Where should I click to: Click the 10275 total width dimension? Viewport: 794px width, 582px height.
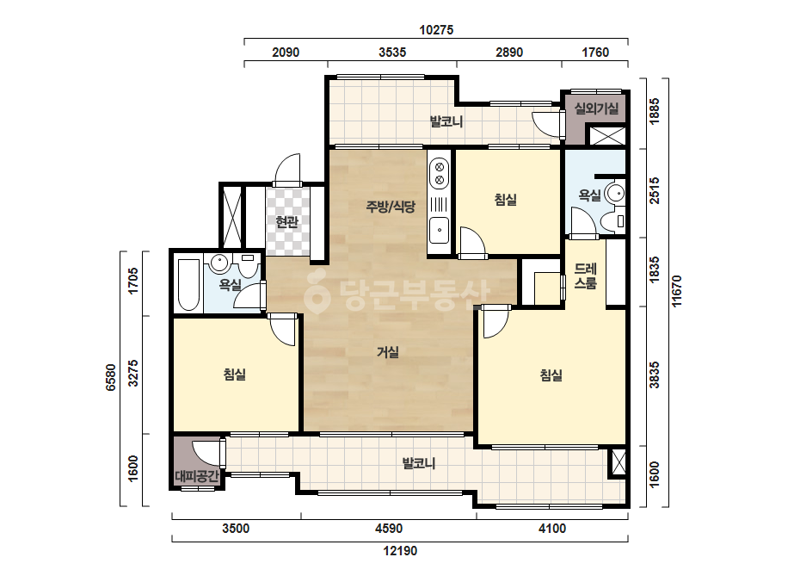[x=436, y=30]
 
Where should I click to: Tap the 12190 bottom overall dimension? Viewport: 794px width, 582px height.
[x=400, y=550]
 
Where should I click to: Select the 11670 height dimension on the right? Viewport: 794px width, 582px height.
[x=676, y=291]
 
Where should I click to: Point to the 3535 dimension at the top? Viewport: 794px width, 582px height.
[x=392, y=53]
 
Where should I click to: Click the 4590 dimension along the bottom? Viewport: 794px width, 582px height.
[x=389, y=529]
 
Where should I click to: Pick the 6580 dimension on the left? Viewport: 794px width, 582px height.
[x=110, y=377]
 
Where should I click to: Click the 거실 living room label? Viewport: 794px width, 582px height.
[x=388, y=352]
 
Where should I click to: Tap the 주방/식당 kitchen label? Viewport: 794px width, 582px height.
[x=391, y=207]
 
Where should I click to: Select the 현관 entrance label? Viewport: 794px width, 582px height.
[x=287, y=221]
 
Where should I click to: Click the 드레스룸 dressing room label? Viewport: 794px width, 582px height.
[x=585, y=276]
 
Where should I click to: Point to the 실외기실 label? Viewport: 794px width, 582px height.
[x=596, y=108]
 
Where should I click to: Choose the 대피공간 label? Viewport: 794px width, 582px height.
[x=197, y=475]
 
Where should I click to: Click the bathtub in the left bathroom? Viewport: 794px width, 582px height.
[x=188, y=285]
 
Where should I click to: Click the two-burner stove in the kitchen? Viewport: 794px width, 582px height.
[x=439, y=173]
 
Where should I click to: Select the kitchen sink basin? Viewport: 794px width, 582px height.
[x=439, y=230]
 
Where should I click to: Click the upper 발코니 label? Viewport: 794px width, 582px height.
[x=446, y=121]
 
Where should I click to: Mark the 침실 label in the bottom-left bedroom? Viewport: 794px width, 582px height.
[x=235, y=375]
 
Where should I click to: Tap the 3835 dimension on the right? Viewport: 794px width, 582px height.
[x=655, y=375]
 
